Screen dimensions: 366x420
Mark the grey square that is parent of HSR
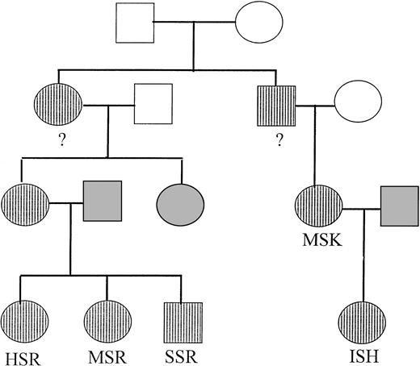(x=102, y=201)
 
